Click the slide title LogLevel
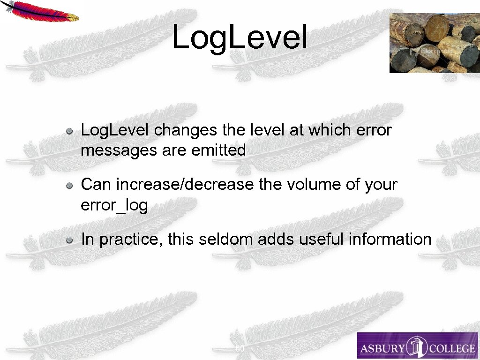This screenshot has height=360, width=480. click(240, 37)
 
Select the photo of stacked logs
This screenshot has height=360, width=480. click(434, 43)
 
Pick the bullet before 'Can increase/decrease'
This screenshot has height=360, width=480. click(69, 186)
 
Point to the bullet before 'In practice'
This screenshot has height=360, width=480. click(69, 240)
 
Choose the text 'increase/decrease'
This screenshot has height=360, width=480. click(184, 185)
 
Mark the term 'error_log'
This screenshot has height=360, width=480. click(114, 205)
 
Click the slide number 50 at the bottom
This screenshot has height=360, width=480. click(240, 349)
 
